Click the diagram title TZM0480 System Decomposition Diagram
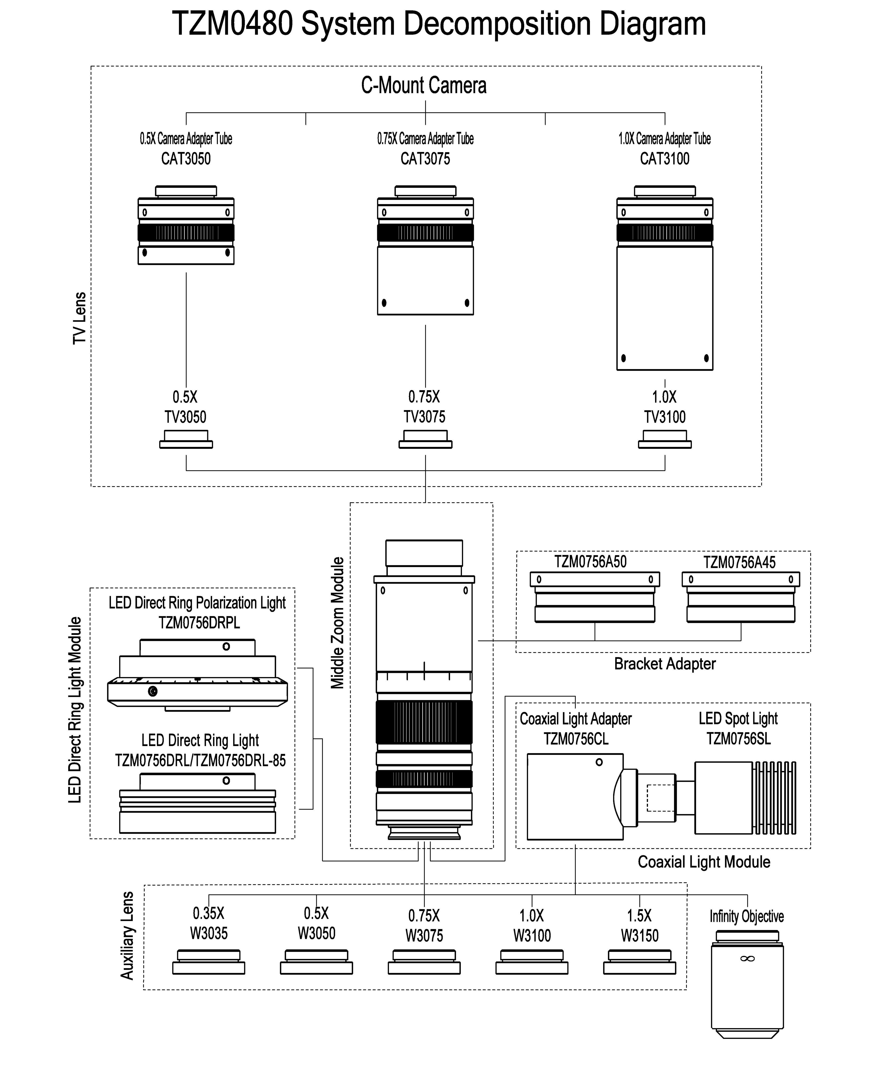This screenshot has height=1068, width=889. coord(439,24)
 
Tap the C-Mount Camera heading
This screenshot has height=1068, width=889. coord(424,85)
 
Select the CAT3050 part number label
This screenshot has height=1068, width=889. coord(186,159)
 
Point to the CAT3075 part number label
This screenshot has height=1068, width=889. coord(425,159)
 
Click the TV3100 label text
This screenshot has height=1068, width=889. coord(665,417)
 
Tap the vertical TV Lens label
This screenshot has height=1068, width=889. coord(79,318)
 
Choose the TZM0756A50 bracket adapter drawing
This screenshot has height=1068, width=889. coord(595,597)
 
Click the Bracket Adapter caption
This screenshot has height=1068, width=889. coord(665,664)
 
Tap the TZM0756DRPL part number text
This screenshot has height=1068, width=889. coord(199,622)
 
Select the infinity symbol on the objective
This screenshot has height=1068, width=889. coord(747,959)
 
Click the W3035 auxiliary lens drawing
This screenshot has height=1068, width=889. coord(209,962)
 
